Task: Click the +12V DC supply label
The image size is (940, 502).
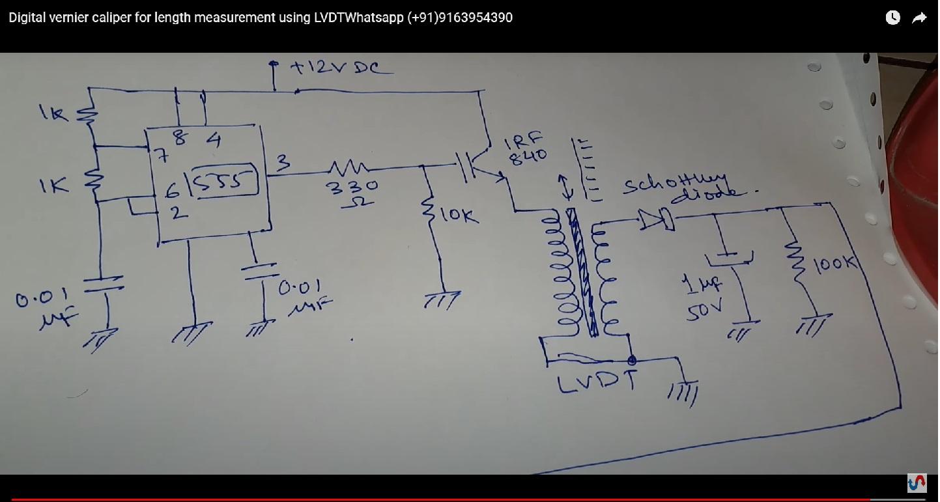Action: point(341,67)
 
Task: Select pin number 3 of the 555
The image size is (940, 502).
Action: point(283,163)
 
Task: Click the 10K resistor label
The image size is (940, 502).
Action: point(459,215)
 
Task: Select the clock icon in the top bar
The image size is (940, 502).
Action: point(892,18)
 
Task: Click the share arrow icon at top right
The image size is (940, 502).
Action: point(919,18)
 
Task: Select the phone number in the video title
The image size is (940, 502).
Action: point(460,18)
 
